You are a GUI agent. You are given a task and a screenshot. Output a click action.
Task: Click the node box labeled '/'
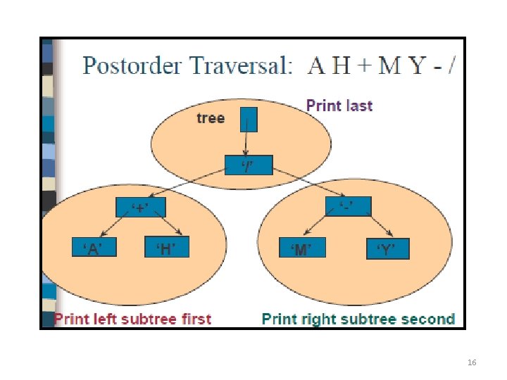(247, 166)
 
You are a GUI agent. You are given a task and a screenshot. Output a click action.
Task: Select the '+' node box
(141, 208)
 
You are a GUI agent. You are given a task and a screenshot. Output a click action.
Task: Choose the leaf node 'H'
(168, 248)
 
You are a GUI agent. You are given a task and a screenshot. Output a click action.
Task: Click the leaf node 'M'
(301, 249)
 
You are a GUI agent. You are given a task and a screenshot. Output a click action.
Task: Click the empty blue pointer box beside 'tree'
(249, 119)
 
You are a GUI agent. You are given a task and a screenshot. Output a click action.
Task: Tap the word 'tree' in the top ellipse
(211, 118)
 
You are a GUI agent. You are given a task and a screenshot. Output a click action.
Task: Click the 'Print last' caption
(339, 106)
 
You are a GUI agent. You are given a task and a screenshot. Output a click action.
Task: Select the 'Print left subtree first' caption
(133, 319)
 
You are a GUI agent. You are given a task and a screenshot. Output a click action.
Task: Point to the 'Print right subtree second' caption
(358, 319)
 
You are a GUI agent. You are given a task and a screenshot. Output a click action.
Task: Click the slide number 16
(472, 362)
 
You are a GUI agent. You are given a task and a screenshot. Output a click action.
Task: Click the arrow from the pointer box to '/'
(246, 144)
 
